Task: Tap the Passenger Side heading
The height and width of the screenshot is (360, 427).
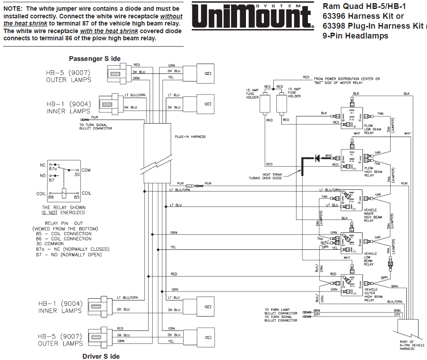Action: (94, 59)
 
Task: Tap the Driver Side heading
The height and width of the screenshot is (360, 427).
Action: (101, 356)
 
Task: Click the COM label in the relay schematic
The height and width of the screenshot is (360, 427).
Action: (86, 170)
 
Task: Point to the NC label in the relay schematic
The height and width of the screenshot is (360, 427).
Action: (43, 165)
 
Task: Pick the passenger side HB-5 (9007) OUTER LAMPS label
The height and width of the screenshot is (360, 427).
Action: (69, 77)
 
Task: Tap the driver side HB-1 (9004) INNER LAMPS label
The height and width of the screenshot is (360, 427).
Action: (60, 307)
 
